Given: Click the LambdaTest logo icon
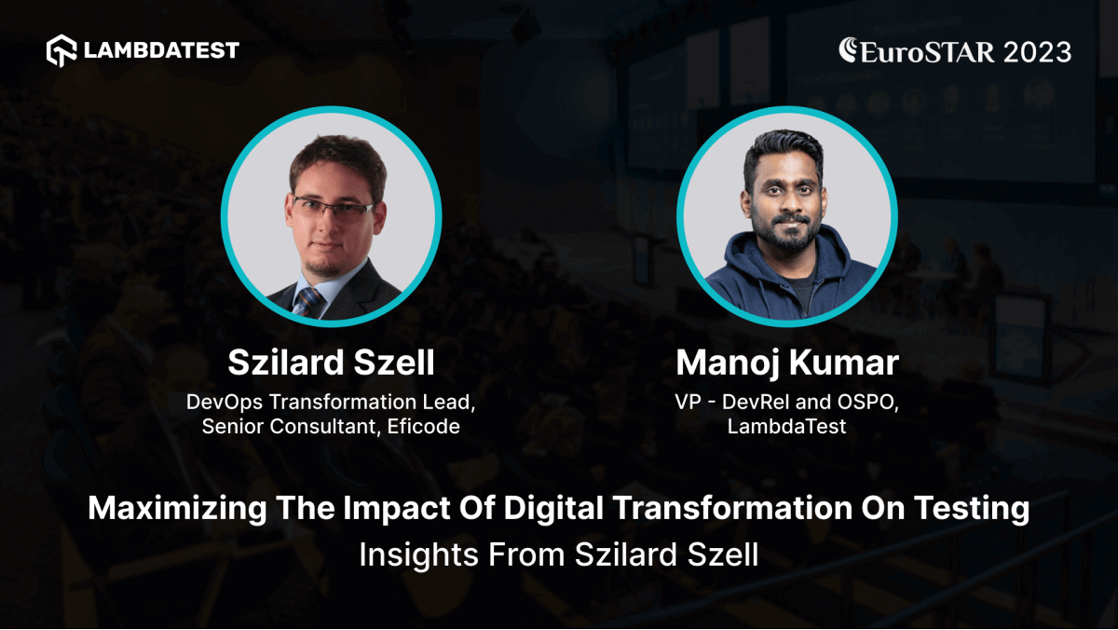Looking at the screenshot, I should coord(61,50).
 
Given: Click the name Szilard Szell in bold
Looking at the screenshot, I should coord(332,363).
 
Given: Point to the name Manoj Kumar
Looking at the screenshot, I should coord(787,363).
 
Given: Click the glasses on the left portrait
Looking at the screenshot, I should coord(333,207).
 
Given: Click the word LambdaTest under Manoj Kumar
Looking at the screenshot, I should coord(787,428).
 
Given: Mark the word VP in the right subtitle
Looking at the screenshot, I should coord(688,403).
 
